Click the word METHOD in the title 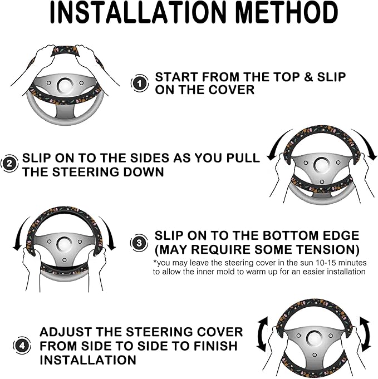286,12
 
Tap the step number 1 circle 140,83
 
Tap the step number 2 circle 9,164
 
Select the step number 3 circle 139,243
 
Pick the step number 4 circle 22,345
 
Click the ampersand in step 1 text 308,77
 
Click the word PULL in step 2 243,158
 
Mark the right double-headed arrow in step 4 365,334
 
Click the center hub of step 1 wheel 65,85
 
